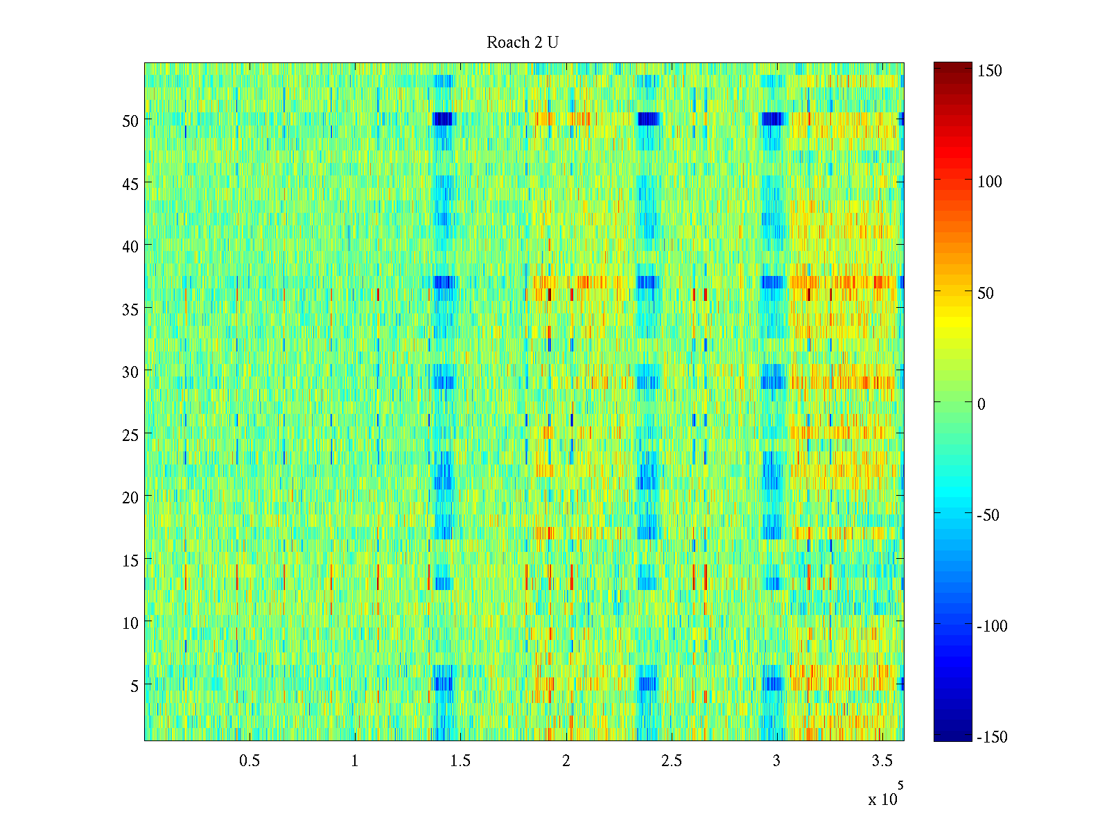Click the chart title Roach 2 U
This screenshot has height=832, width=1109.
tap(522, 43)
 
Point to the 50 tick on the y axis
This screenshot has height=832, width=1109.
tap(130, 121)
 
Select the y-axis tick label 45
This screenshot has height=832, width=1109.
tap(130, 184)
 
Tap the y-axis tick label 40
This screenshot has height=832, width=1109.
tap(130, 246)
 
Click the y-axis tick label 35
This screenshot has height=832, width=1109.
tap(130, 309)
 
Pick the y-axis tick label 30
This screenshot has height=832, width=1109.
tap(130, 372)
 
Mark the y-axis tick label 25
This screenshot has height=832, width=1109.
tap(130, 435)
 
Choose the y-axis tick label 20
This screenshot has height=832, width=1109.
tap(130, 497)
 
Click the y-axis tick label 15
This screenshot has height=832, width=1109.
tap(130, 560)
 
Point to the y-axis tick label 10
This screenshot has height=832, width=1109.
tap(130, 623)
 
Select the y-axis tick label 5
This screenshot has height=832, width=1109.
tap(134, 686)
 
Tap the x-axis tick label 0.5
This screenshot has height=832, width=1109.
tap(250, 761)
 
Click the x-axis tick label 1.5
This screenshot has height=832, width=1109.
tap(460, 761)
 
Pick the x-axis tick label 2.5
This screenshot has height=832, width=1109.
tap(671, 761)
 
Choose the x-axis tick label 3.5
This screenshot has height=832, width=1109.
tap(882, 761)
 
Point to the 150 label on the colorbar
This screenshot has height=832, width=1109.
tap(989, 71)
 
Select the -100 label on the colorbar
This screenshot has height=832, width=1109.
tap(992, 626)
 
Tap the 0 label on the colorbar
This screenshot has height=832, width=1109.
tap(981, 404)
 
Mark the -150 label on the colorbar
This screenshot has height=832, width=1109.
tap(992, 737)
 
